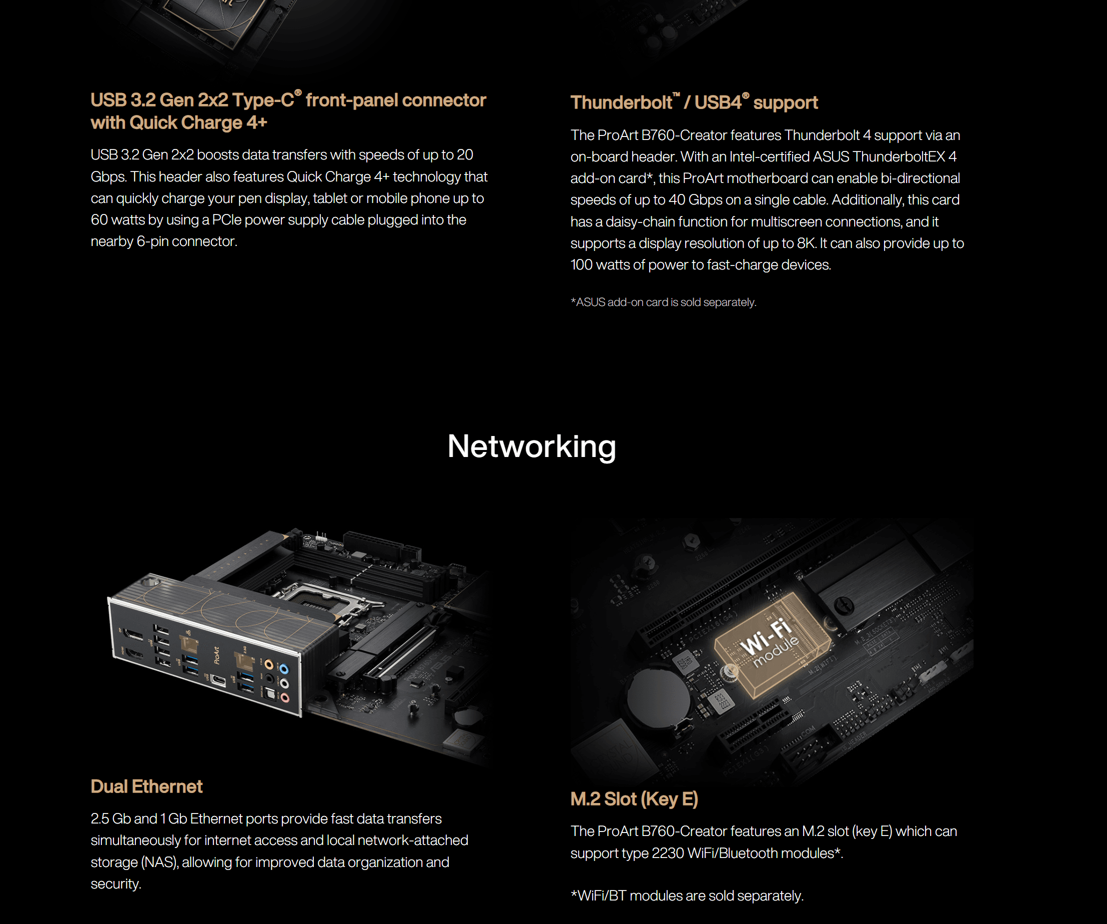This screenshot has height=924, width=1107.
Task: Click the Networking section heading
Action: [531, 446]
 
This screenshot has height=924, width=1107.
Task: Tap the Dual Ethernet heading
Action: [146, 786]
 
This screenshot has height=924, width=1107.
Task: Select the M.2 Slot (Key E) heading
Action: [634, 799]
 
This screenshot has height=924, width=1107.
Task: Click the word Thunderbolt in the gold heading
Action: [622, 102]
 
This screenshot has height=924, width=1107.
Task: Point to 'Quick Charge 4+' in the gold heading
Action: [198, 123]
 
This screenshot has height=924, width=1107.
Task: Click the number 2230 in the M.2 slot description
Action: [667, 853]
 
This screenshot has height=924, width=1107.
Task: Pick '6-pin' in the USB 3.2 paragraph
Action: [152, 241]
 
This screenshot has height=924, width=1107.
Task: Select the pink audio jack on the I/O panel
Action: [285, 697]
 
